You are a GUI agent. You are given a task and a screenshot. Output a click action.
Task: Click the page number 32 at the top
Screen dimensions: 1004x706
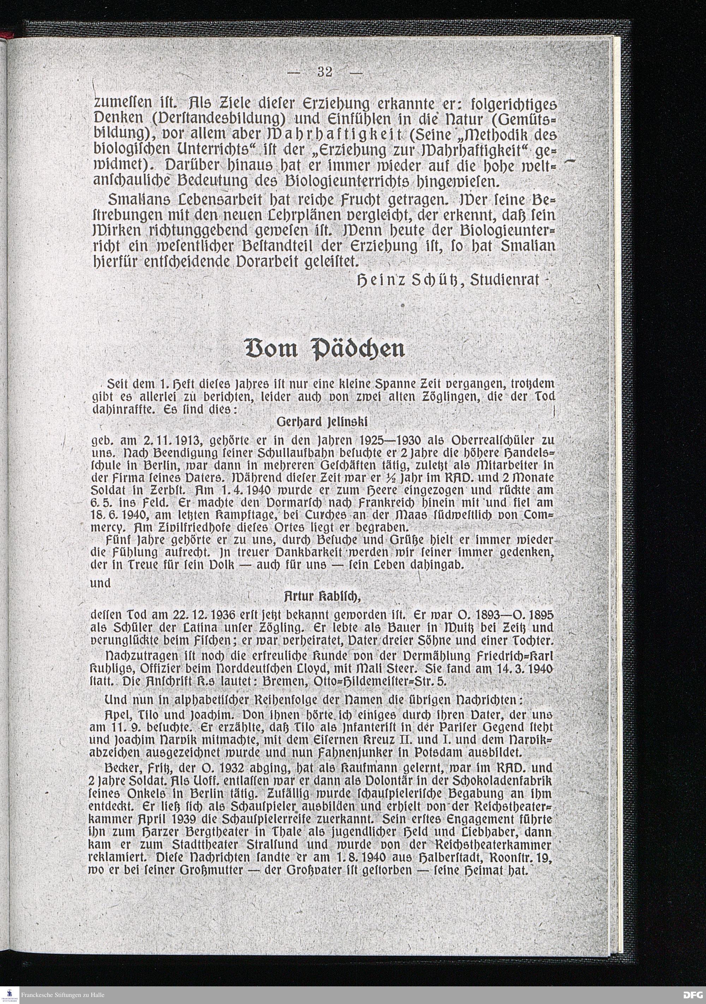click(325, 72)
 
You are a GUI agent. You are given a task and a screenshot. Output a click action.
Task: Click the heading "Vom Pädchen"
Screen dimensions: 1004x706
click(326, 349)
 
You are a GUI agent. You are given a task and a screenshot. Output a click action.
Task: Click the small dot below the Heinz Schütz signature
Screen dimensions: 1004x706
click(402, 303)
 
